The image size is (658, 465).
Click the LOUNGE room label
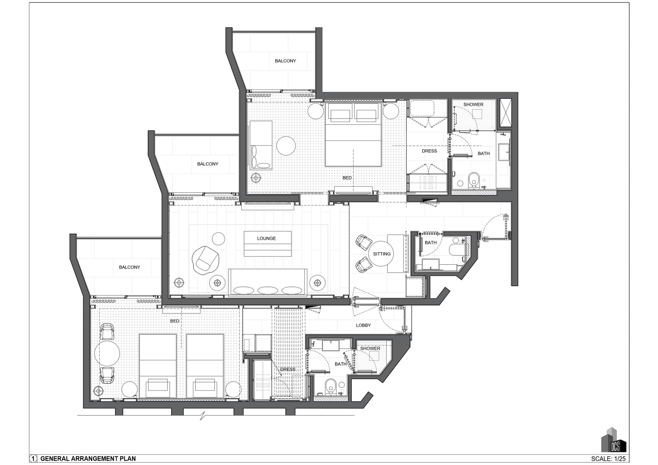(266, 238)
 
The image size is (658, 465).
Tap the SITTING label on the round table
(382, 254)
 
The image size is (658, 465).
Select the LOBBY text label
(363, 325)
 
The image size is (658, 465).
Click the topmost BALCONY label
(285, 61)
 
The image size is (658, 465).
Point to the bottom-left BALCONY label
(129, 267)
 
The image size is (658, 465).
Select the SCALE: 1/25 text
(608, 458)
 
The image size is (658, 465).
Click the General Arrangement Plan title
(88, 458)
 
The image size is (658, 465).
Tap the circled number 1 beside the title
(33, 458)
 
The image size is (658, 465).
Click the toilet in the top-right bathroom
(474, 180)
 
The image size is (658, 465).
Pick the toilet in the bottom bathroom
(330, 386)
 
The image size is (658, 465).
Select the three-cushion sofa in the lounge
(267, 282)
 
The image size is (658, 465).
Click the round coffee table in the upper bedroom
(286, 146)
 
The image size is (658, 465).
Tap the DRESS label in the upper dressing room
(429, 151)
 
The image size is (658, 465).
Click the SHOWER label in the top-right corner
(473, 105)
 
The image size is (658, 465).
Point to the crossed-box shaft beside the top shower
(505, 113)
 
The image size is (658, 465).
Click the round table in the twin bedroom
(107, 353)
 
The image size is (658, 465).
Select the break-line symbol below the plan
(203, 416)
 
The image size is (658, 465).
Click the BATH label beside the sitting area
(431, 243)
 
